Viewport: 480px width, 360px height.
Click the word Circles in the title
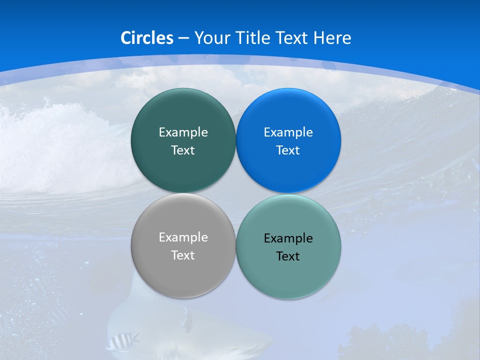(x=146, y=38)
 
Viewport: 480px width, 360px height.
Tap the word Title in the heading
(x=253, y=38)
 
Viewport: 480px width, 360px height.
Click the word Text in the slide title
(x=292, y=38)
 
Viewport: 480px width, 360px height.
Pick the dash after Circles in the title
(x=183, y=38)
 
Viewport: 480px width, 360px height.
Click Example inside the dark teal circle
(x=183, y=132)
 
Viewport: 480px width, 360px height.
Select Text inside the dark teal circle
(x=183, y=150)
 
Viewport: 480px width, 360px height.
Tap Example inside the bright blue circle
(x=288, y=132)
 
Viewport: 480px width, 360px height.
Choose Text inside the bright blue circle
(x=288, y=150)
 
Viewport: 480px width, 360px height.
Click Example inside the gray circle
(x=183, y=237)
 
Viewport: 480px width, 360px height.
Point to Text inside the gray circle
(x=183, y=255)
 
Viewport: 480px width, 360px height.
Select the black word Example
(x=288, y=238)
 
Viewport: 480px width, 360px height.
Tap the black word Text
(x=288, y=256)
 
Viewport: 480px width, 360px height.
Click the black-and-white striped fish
(x=121, y=341)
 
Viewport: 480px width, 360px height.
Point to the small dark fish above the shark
(x=186, y=320)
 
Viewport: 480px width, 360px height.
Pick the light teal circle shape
(x=320, y=270)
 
